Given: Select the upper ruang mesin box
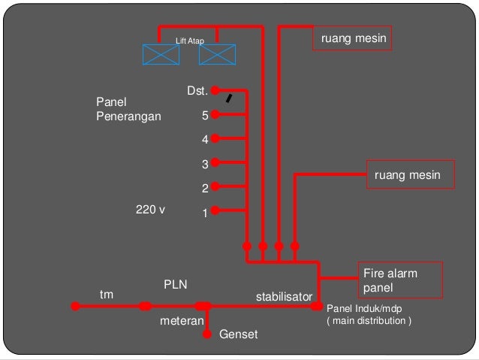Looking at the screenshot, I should tap(353, 40).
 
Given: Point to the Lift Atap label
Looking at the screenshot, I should tap(189, 40).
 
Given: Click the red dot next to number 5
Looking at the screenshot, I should tap(215, 115).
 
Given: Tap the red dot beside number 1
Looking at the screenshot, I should tap(215, 210).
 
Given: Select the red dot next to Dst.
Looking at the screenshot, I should tap(215, 90).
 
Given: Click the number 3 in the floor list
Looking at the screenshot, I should tap(204, 163).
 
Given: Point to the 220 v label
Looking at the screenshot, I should tap(150, 210).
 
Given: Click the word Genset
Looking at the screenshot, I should tap(238, 334).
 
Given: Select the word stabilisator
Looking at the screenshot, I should tap(284, 297).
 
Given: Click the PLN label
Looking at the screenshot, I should tap(175, 284).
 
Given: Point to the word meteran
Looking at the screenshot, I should tap(181, 321).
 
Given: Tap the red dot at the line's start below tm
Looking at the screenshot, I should tap(75, 306).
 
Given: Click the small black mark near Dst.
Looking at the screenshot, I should tap(230, 98).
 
